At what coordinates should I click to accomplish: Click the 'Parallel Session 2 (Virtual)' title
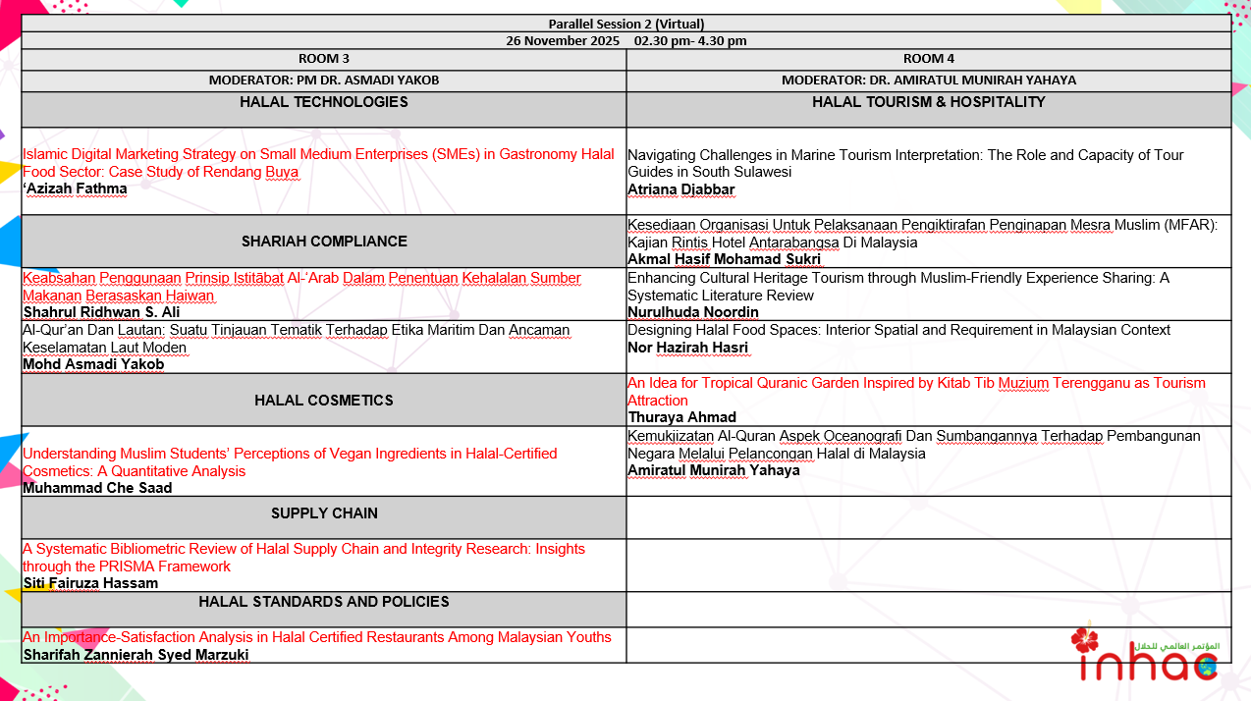pos(625,24)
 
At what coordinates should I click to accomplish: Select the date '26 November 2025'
pos(563,40)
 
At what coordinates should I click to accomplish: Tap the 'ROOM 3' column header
pos(324,59)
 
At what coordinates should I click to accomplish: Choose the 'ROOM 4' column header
pos(929,59)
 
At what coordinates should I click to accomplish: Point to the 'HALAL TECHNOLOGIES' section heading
pos(324,102)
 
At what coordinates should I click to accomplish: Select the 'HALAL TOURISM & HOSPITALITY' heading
pos(929,102)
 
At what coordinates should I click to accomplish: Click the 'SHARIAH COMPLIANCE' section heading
pos(324,242)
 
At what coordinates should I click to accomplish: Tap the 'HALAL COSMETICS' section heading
pos(324,401)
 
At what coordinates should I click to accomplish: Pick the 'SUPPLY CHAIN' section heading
pos(324,513)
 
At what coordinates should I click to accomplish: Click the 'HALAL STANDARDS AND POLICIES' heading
pos(324,602)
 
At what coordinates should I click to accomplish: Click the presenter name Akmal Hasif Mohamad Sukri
pos(724,259)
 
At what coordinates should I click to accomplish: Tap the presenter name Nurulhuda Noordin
pos(693,312)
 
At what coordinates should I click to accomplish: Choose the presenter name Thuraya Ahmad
pos(681,417)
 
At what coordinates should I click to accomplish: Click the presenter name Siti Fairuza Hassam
pos(90,583)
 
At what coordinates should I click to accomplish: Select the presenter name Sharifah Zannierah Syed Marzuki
pos(136,655)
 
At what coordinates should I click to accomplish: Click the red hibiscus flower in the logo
pos(1085,641)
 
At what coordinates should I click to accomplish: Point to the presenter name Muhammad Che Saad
pos(97,488)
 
